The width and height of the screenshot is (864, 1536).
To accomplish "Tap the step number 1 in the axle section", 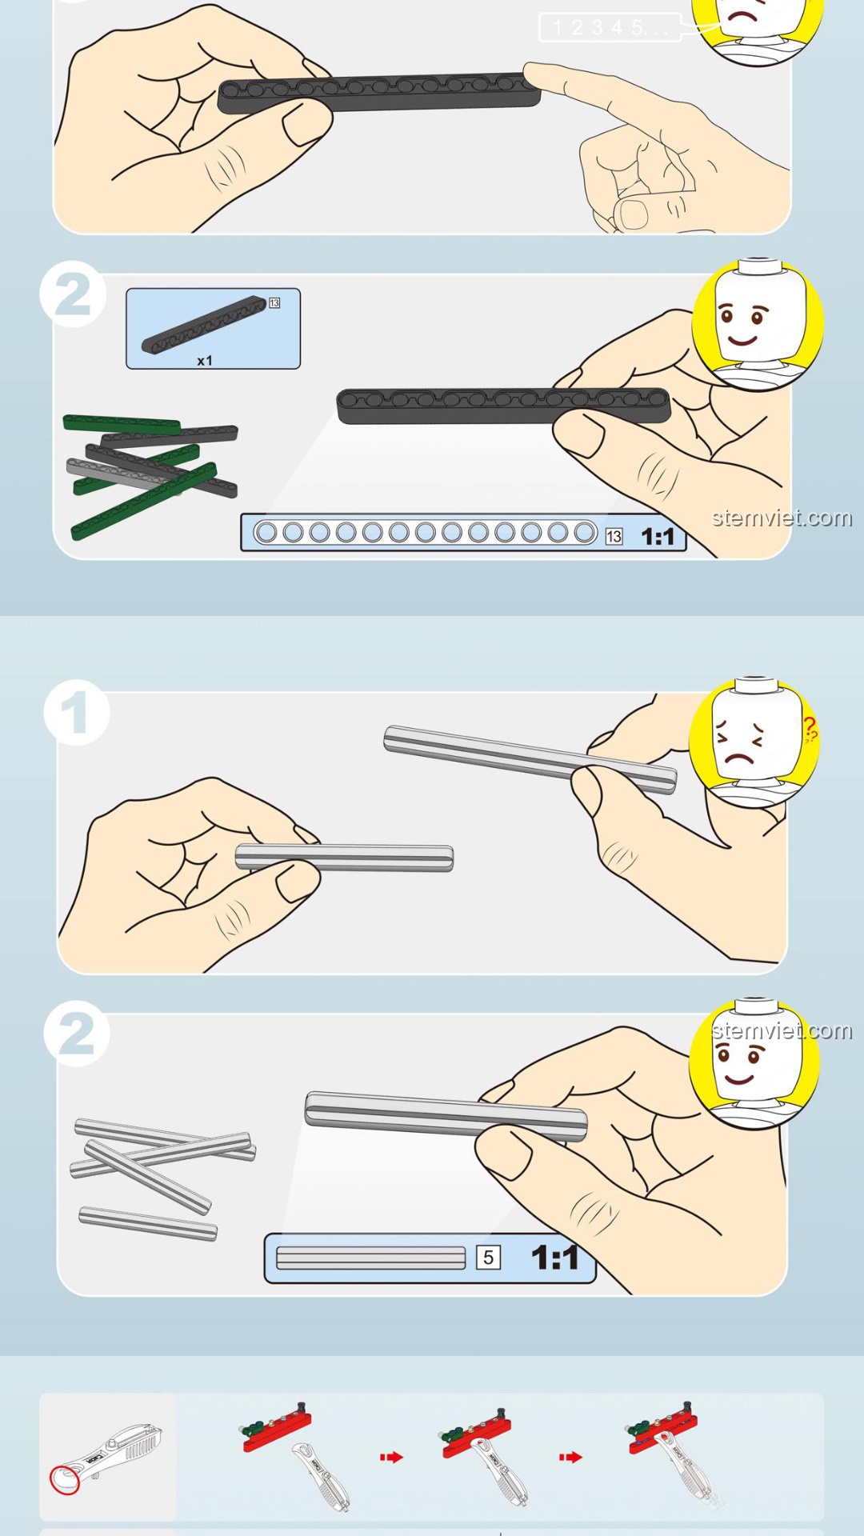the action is tap(75, 713).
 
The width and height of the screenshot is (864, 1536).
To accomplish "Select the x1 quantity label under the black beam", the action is tap(205, 361).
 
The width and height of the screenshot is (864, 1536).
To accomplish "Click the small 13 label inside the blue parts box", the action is tap(274, 303).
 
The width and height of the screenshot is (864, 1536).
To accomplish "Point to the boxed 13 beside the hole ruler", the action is tap(614, 536).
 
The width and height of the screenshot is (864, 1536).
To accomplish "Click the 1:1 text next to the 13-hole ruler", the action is tap(658, 537).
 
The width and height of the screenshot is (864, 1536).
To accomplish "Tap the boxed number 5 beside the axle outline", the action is tap(488, 1258).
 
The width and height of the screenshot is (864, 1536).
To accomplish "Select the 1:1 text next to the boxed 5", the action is tap(554, 1258).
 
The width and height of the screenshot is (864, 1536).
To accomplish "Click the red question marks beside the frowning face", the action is tap(810, 730).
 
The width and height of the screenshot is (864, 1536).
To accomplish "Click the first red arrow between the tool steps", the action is tap(391, 1458).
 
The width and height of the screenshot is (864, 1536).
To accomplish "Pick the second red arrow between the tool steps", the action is tap(570, 1458).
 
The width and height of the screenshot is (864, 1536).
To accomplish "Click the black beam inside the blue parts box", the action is tap(204, 325).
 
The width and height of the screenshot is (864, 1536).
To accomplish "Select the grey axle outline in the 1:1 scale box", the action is tap(370, 1258).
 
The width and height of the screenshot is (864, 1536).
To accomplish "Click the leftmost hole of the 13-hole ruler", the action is tap(266, 533).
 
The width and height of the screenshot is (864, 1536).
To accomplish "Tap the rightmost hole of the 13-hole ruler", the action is tap(585, 533).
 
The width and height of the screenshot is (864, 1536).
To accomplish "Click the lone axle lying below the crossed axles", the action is tap(148, 1224).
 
